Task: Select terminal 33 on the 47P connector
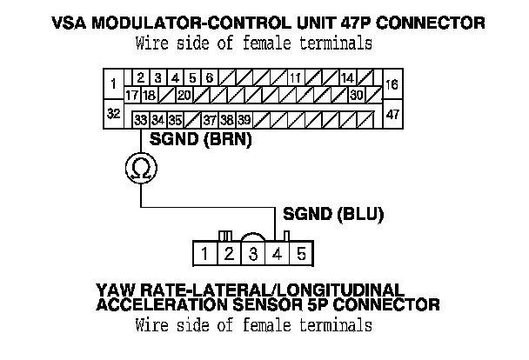(x=140, y=118)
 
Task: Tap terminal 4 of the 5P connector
(x=277, y=254)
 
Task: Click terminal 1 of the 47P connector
(x=114, y=85)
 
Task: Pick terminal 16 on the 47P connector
(x=392, y=85)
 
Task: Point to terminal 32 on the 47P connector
(x=114, y=114)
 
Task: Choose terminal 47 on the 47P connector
(x=392, y=114)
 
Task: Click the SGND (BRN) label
(x=200, y=138)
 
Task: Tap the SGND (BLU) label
(x=331, y=211)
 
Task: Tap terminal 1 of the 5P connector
(x=203, y=254)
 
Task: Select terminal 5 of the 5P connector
(x=301, y=254)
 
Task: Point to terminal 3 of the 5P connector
(x=252, y=254)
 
